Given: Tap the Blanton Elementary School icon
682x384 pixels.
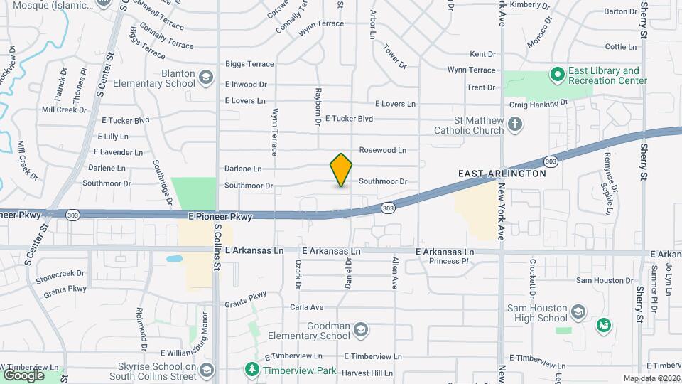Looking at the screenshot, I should (205, 78).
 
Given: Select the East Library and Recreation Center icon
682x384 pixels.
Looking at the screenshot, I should (558, 74).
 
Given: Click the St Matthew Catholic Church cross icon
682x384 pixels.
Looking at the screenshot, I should (516, 126).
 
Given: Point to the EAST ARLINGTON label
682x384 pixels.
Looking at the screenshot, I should (502, 174).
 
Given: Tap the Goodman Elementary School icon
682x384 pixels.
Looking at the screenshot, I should (361, 329).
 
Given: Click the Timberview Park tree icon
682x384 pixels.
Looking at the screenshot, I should (251, 370).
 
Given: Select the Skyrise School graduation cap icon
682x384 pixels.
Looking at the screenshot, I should (206, 370).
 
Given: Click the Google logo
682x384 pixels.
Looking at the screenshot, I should (23, 375).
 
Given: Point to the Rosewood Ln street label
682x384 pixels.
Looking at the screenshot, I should (382, 150).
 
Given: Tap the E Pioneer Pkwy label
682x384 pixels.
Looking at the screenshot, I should (220, 216).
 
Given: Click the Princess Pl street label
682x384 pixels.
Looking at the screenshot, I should (449, 261).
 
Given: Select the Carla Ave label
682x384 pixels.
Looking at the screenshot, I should (306, 307).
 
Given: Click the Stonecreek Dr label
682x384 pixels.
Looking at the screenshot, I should (60, 272).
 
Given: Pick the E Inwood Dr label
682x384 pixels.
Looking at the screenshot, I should (246, 84).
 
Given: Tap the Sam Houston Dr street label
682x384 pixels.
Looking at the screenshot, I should (604, 280).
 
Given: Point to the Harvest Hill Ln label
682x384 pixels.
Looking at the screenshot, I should (367, 373).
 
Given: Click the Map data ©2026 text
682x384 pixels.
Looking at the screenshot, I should (650, 378).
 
